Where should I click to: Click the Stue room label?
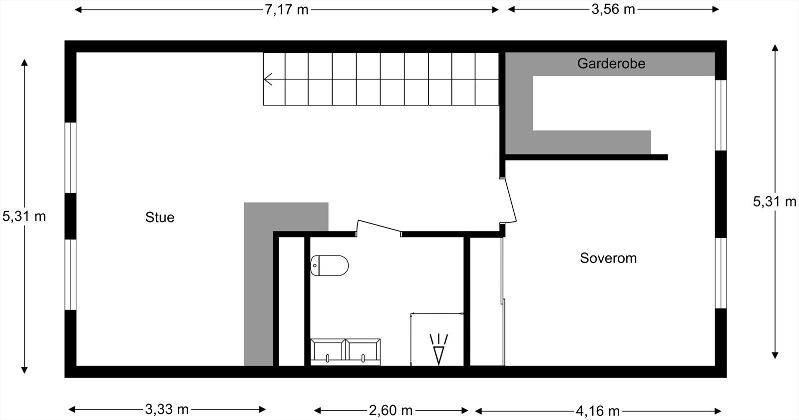[x=160, y=217]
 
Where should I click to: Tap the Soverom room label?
[x=608, y=258]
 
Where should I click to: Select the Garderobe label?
[x=611, y=63]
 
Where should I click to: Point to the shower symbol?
[x=438, y=349]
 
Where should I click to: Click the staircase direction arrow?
[x=269, y=79]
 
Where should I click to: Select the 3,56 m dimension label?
[x=613, y=9]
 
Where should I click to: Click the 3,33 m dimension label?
[x=167, y=409]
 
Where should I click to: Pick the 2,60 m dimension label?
[x=391, y=410]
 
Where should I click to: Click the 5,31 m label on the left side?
[x=24, y=216]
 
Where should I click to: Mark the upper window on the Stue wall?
[x=71, y=157]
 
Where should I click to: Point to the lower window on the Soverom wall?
[x=720, y=272]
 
